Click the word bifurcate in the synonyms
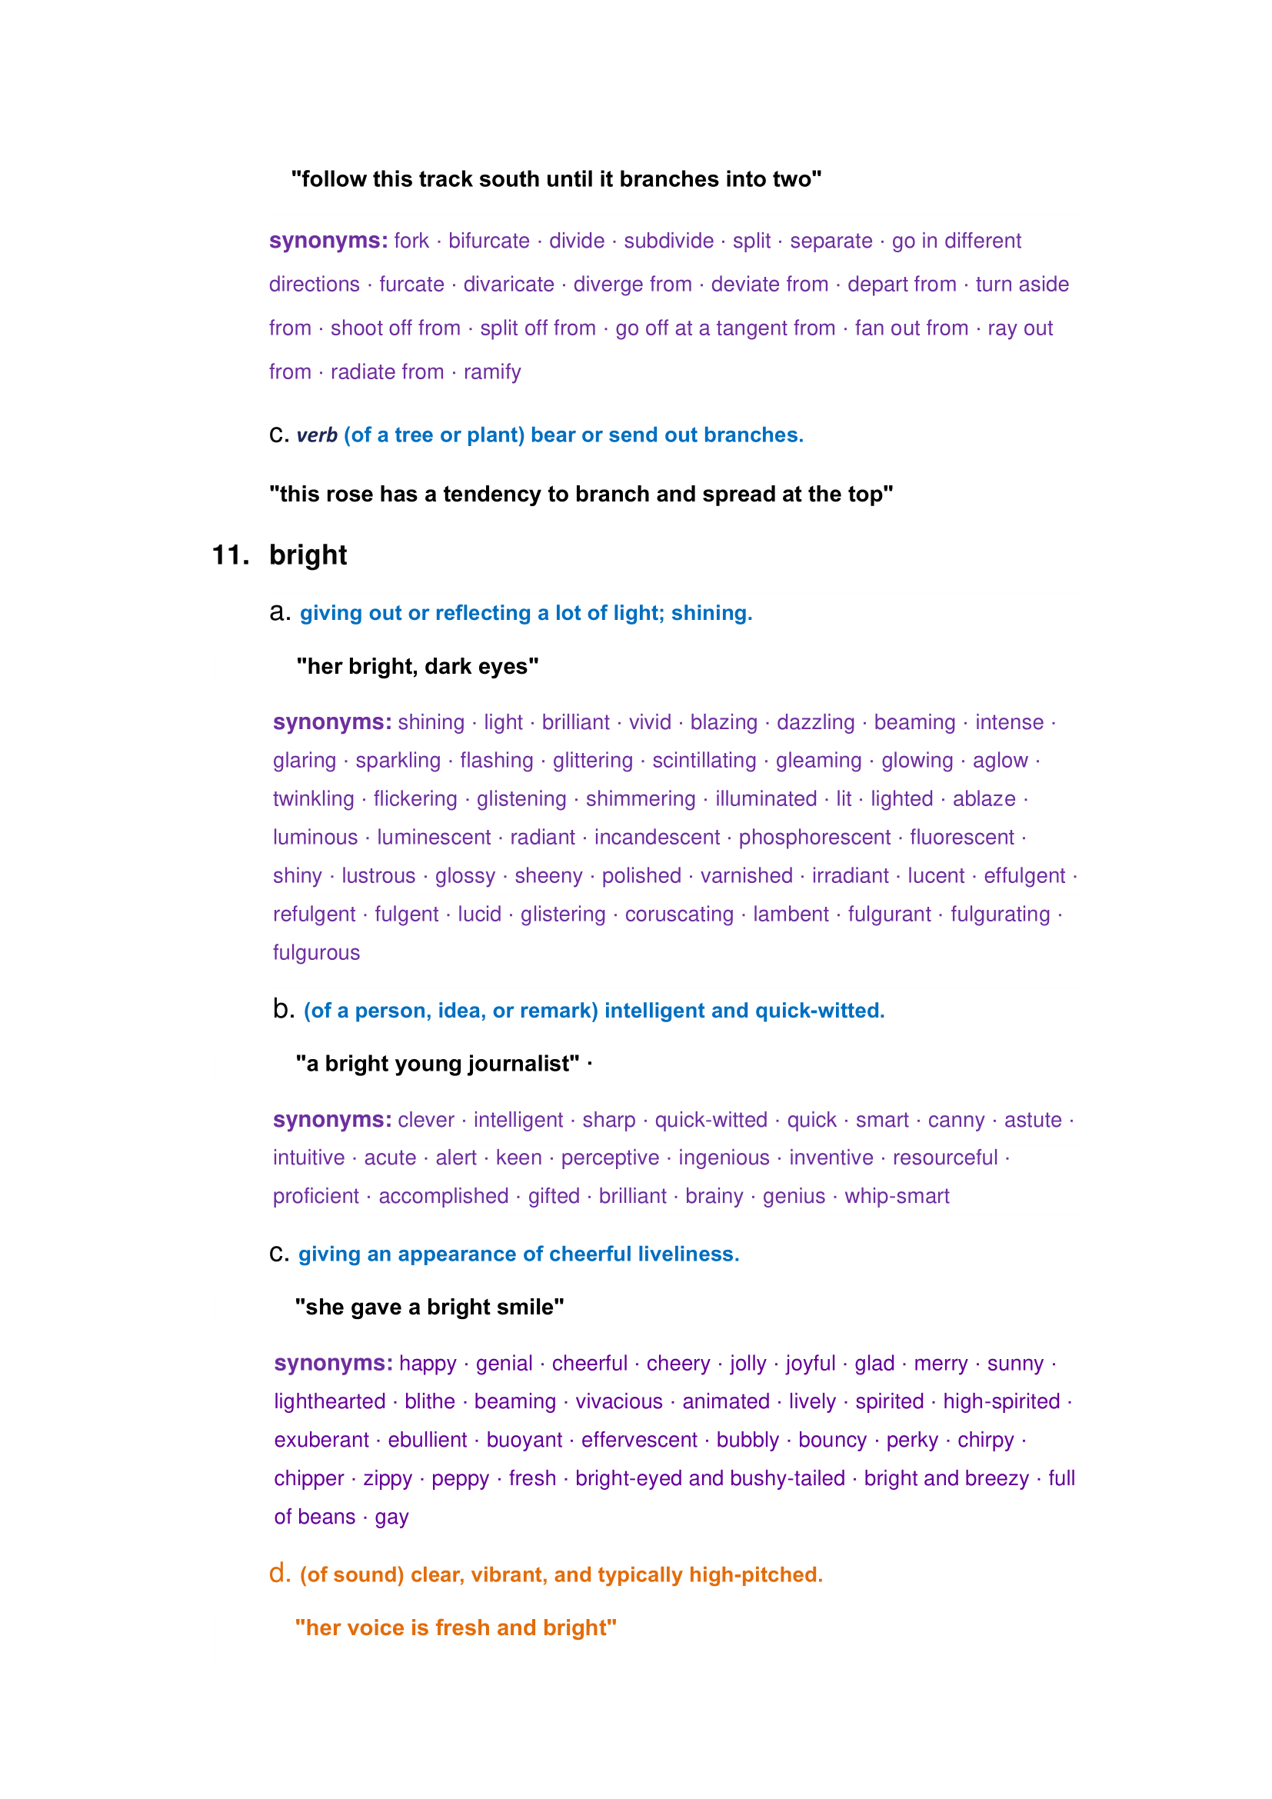tap(489, 241)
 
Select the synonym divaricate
tap(508, 285)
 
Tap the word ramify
tap(492, 372)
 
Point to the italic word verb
tap(316, 435)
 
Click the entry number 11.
tap(230, 555)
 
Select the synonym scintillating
tap(704, 761)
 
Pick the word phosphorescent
tap(814, 838)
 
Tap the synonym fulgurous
tap(316, 953)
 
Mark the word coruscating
tap(679, 914)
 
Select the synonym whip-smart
tap(897, 1197)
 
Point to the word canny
tap(956, 1121)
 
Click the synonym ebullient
tap(428, 1440)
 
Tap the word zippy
tap(388, 1478)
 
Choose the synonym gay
tap(391, 1517)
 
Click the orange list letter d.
tap(280, 1574)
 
